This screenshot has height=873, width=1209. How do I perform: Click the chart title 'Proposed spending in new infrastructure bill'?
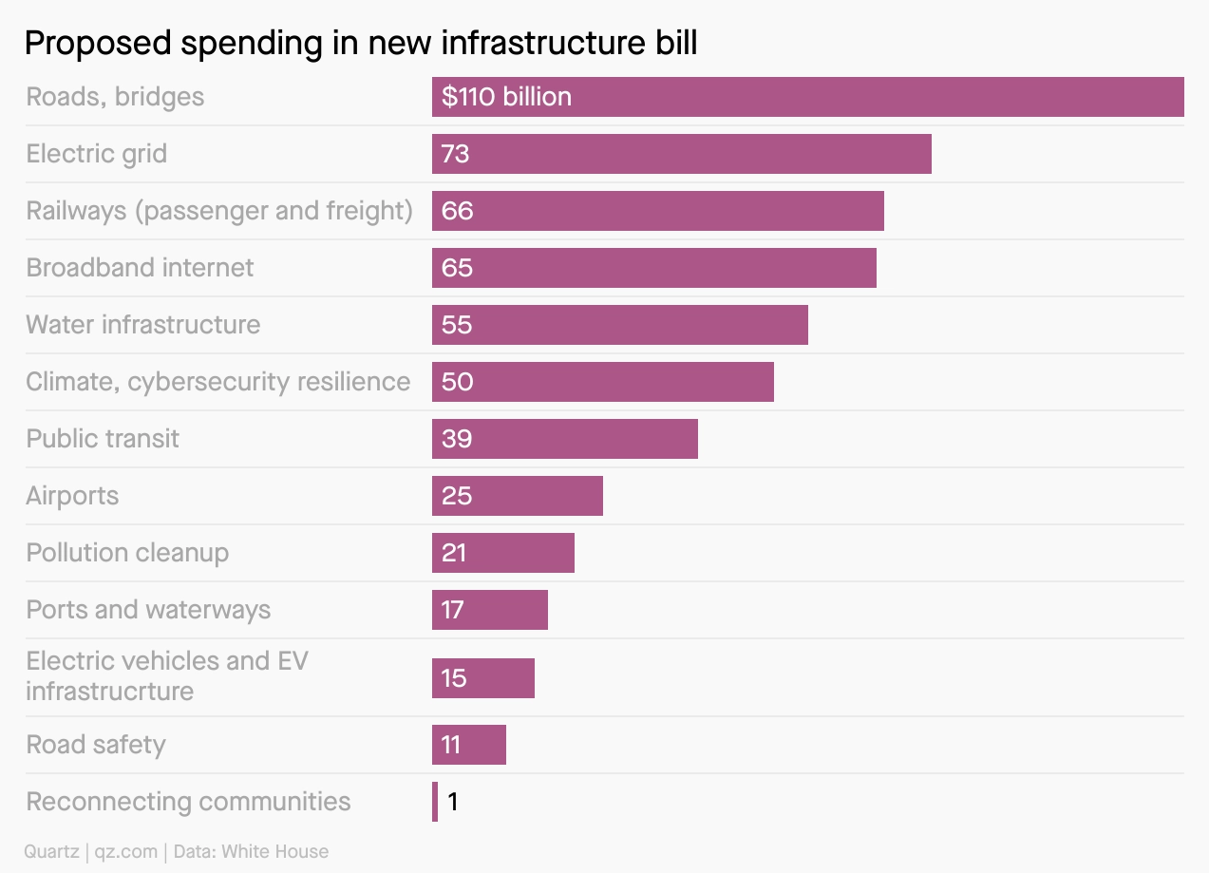tap(361, 43)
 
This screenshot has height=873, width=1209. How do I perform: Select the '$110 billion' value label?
tap(506, 97)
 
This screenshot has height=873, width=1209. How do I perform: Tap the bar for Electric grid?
tap(681, 154)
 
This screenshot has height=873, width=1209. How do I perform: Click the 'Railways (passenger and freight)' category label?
tap(219, 211)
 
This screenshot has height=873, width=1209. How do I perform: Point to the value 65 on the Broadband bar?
tap(457, 268)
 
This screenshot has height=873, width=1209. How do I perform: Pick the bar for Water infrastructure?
tap(619, 325)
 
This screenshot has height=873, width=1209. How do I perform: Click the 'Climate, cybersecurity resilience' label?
tap(218, 382)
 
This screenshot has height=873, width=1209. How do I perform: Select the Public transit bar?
tap(564, 439)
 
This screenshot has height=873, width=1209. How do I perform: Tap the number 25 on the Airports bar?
tap(457, 496)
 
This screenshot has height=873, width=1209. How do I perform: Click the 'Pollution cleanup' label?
tap(127, 553)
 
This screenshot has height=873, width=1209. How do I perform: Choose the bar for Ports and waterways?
tap(489, 610)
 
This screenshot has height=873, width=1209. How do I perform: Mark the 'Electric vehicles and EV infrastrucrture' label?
tap(167, 675)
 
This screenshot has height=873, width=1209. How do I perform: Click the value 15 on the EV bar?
tap(454, 678)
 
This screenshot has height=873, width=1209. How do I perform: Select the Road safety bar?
tap(468, 745)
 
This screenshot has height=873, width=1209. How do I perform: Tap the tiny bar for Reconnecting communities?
tap(435, 802)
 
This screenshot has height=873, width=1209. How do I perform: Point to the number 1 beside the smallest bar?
tap(453, 802)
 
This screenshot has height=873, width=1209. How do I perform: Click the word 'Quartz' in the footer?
tap(52, 852)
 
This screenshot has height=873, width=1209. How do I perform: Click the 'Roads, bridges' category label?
tap(115, 97)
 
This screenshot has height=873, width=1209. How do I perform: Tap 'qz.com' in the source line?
tap(127, 852)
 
